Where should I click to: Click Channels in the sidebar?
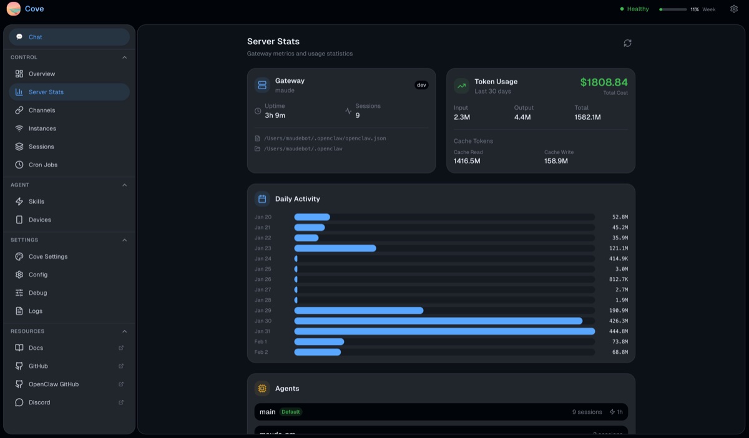[x=42, y=110]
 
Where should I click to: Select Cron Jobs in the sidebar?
[x=42, y=165]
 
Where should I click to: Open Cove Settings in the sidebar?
[x=47, y=256]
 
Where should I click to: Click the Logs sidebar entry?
[x=36, y=311]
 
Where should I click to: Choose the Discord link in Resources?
[x=39, y=402]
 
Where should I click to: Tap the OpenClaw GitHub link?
[x=53, y=384]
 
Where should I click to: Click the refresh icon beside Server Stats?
[x=627, y=43]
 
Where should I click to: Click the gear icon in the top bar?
[x=734, y=9]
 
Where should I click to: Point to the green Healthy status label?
[x=637, y=9]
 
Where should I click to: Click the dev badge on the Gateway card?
[x=421, y=85]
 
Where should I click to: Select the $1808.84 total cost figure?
[x=604, y=82]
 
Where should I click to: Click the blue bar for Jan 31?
[x=444, y=331]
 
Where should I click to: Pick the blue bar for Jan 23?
[x=335, y=248]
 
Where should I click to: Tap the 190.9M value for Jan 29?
[x=619, y=311]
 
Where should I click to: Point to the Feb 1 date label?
[x=261, y=342]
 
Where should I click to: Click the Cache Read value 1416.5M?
[x=467, y=161]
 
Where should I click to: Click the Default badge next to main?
[x=290, y=412]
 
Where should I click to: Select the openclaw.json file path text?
[x=325, y=138]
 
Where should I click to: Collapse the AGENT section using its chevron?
[x=124, y=185]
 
